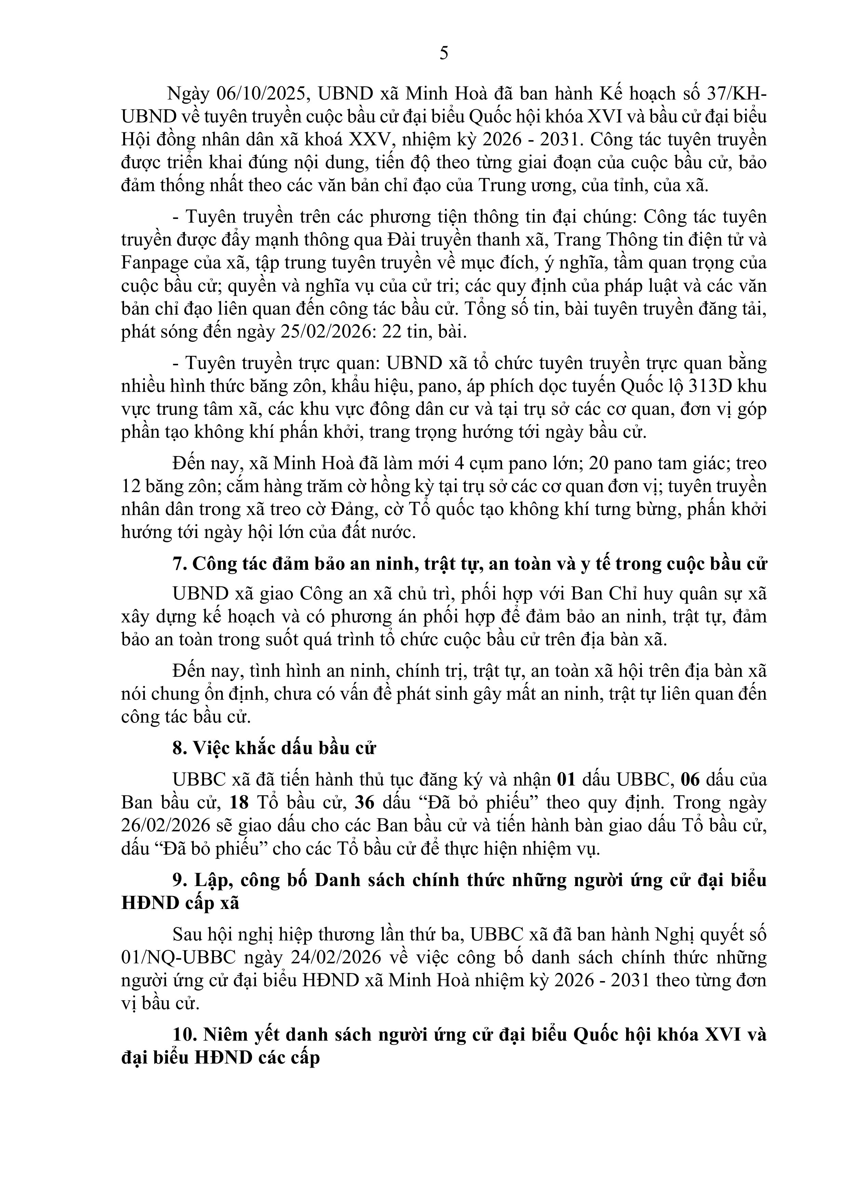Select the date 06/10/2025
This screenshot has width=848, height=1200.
(263, 94)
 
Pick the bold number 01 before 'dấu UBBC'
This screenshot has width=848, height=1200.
(566, 780)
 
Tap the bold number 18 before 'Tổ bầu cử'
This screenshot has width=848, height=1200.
(240, 803)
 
